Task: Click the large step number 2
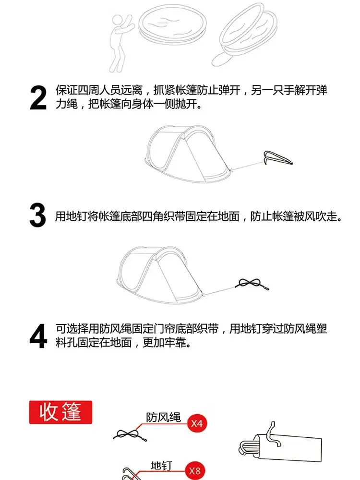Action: [x=38, y=97]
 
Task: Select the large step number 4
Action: [x=38, y=336]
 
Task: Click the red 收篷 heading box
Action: [x=60, y=412]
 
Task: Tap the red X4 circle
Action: [x=197, y=423]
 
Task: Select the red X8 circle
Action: [x=195, y=470]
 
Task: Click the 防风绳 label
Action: [x=163, y=417]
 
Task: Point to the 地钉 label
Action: [x=161, y=466]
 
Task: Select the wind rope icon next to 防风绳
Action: [x=130, y=435]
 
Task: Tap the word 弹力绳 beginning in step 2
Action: [x=322, y=90]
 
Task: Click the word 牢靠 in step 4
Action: [x=175, y=342]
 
